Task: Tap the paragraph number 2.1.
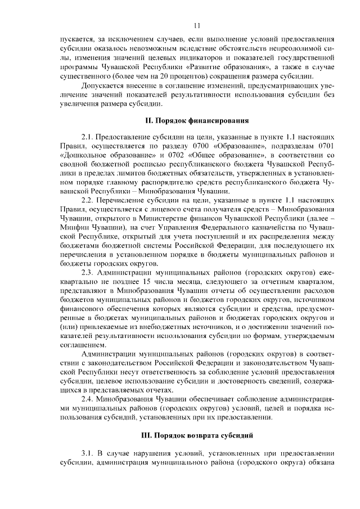[88, 137]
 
